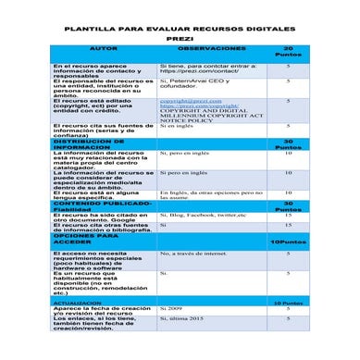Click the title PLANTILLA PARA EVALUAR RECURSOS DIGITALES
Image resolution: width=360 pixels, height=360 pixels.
click(x=180, y=29)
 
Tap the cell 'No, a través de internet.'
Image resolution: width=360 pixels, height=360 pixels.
click(x=192, y=253)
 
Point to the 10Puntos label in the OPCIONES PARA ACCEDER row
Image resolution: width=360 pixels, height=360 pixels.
click(x=287, y=241)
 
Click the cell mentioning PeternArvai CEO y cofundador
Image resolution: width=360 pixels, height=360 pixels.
click(x=194, y=84)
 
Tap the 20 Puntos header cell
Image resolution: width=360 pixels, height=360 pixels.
click(x=288, y=51)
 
